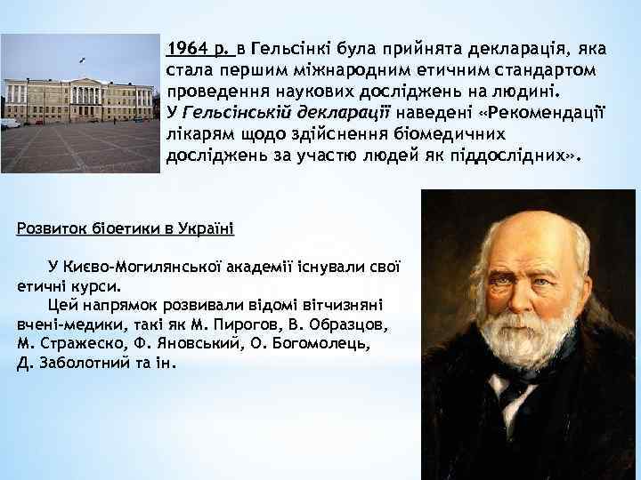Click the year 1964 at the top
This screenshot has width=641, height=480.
[x=184, y=45]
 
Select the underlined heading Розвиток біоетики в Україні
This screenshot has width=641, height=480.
[x=125, y=228]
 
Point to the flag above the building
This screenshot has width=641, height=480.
[x=83, y=60]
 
